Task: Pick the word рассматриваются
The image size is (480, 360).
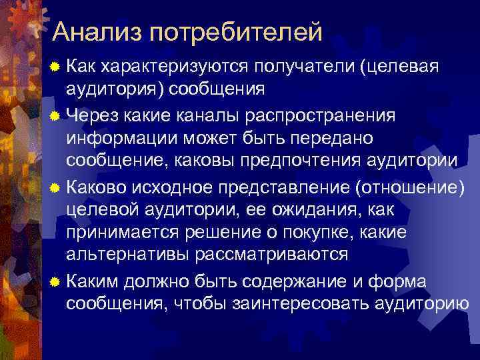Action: pyautogui.click(x=271, y=256)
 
